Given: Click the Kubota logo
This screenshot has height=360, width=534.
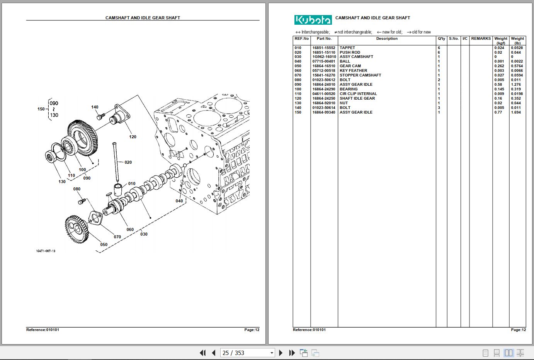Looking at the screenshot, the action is tap(313, 20).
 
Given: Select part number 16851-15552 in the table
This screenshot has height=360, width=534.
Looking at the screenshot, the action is tap(324, 48).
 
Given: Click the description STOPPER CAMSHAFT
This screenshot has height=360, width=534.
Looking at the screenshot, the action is tap(360, 75).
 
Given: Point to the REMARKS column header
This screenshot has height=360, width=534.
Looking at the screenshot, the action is tap(481, 39).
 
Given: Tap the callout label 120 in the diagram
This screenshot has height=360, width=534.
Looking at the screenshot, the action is tap(133, 137).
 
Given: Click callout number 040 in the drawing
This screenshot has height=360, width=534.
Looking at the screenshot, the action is tap(179, 201).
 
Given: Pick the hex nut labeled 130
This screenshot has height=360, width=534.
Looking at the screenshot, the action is tap(51, 156).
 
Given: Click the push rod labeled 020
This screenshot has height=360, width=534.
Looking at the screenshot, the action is tap(116, 162).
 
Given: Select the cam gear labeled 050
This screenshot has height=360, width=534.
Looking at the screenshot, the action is tap(77, 229).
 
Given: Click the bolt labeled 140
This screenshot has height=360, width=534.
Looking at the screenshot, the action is tap(100, 117).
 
